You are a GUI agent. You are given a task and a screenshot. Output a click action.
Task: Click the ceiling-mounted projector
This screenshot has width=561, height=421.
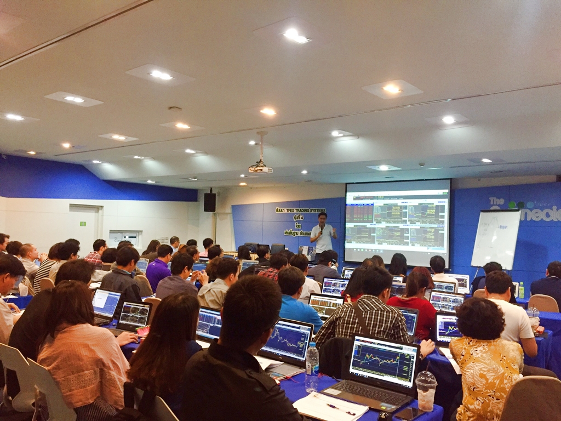(260, 168)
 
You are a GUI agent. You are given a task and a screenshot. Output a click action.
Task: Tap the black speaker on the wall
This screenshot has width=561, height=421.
(210, 201)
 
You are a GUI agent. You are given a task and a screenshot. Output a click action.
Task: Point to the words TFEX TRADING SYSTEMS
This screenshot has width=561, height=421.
(301, 210)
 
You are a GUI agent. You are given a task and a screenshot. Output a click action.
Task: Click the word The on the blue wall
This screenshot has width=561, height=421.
(496, 201)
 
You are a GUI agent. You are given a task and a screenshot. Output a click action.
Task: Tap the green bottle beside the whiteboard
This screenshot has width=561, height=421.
(521, 290)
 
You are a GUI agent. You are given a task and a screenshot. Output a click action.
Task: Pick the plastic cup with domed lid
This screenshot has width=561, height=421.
(426, 390)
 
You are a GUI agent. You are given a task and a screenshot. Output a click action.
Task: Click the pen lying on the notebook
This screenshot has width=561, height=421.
(340, 408)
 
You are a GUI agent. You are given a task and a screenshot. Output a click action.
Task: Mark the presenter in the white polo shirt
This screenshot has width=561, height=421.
(323, 234)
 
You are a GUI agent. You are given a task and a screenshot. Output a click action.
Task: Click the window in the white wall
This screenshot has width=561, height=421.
(124, 237)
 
